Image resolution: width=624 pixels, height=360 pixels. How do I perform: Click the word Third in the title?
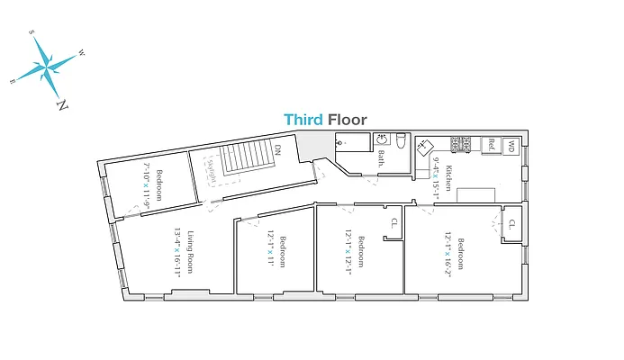coord(303,119)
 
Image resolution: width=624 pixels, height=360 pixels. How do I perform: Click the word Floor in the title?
coord(348,119)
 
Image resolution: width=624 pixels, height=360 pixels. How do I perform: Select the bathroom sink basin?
coord(382,140)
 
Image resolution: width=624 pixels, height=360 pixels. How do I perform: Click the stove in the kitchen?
coord(462,144)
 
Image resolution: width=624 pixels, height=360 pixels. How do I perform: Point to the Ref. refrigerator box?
coord(492,143)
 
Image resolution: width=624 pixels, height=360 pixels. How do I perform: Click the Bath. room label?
coord(381,158)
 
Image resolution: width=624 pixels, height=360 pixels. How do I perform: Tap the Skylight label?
coord(212,171)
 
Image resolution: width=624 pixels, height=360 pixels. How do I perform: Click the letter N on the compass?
coord(61,104)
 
